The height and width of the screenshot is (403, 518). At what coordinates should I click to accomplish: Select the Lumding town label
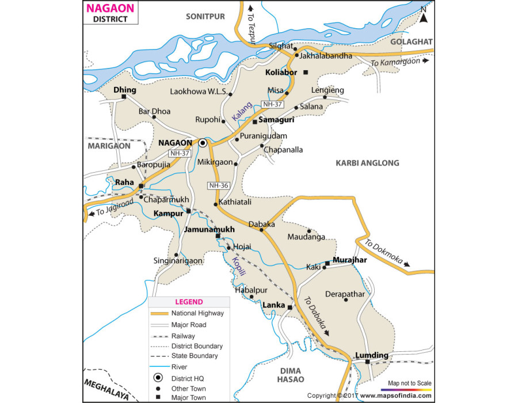(x=372, y=355)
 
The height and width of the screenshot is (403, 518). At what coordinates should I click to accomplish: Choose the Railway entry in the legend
(x=183, y=336)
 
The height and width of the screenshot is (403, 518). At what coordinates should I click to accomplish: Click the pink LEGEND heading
(x=189, y=302)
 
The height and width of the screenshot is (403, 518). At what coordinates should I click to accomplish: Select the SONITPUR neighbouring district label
(x=205, y=17)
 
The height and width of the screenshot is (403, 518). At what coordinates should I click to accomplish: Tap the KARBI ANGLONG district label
(x=367, y=164)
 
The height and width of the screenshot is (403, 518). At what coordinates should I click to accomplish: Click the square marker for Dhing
(x=124, y=97)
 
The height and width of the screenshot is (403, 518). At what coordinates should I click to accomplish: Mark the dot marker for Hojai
(x=228, y=248)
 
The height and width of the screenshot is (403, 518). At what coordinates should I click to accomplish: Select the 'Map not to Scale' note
(x=409, y=383)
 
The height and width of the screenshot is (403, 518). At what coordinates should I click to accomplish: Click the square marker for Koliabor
(x=306, y=73)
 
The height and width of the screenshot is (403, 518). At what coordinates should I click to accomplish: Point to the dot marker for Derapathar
(x=345, y=299)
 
